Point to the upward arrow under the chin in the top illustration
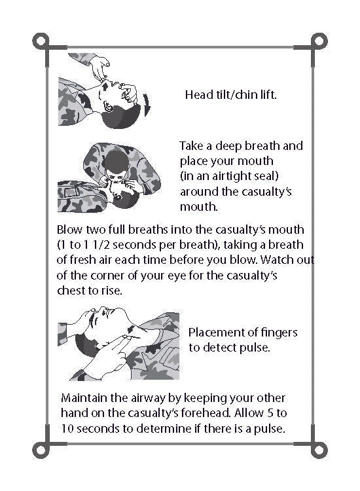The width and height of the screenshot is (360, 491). click(x=105, y=86)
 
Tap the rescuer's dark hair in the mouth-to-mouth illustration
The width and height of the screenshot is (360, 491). click(x=117, y=162)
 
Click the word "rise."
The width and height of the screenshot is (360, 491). click(x=112, y=291)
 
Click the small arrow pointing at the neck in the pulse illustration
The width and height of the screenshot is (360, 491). click(x=132, y=329)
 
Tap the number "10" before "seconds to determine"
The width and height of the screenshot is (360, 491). click(x=67, y=428)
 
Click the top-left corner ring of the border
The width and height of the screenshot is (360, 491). click(x=41, y=41)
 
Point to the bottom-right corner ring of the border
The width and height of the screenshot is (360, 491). click(x=319, y=450)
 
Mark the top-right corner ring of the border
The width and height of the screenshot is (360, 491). click(x=319, y=41)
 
